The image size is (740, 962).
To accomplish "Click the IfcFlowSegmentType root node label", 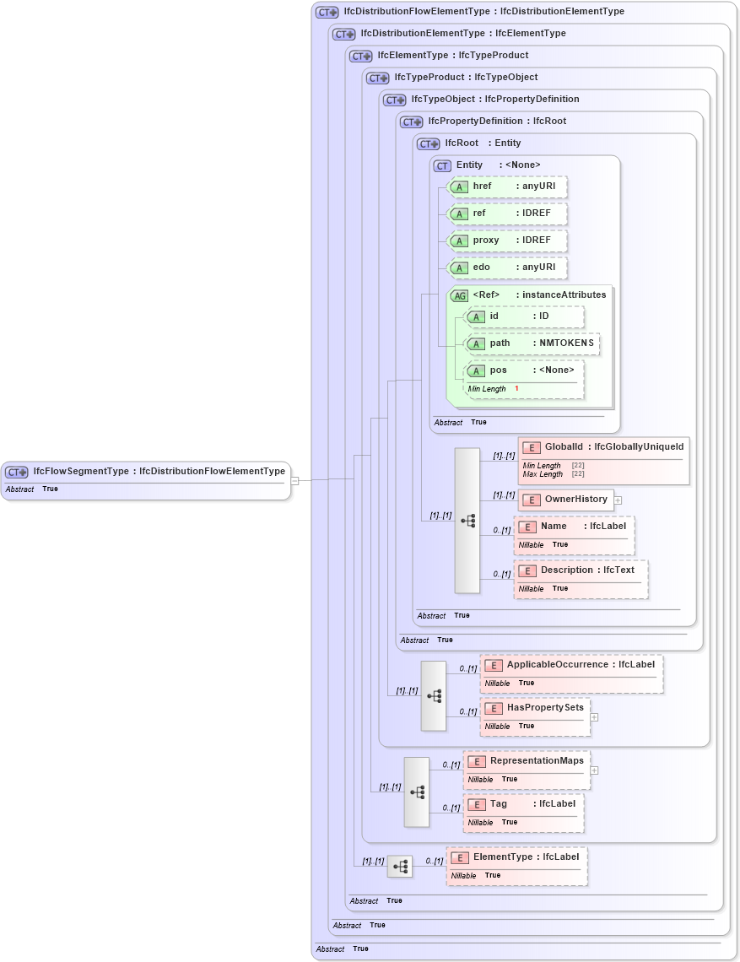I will click(159, 472).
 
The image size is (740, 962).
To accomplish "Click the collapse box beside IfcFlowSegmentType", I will click(294, 481).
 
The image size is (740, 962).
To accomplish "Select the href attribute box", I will click(507, 186).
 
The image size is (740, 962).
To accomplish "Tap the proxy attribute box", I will click(507, 240).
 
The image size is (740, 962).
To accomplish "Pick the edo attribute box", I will click(507, 268).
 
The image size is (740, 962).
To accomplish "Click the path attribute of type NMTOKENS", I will click(532, 344).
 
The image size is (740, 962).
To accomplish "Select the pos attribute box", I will click(524, 370).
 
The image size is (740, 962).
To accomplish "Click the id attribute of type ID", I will click(524, 317).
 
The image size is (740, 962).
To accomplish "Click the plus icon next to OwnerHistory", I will click(618, 500).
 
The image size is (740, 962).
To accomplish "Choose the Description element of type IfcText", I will click(581, 570).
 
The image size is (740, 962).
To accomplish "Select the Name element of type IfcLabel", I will click(574, 527).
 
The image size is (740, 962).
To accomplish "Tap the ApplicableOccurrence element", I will click(571, 665).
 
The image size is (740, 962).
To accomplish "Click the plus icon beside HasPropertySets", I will click(594, 717).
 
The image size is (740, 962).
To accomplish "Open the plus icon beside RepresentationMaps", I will click(594, 770).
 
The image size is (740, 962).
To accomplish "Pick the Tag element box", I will click(523, 804).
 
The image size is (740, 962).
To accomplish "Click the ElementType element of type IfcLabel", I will click(516, 857).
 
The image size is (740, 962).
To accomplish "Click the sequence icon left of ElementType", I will click(400, 867).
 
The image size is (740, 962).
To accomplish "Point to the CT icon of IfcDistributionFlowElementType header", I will click(327, 13).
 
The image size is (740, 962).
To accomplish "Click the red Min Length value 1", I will click(516, 389).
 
